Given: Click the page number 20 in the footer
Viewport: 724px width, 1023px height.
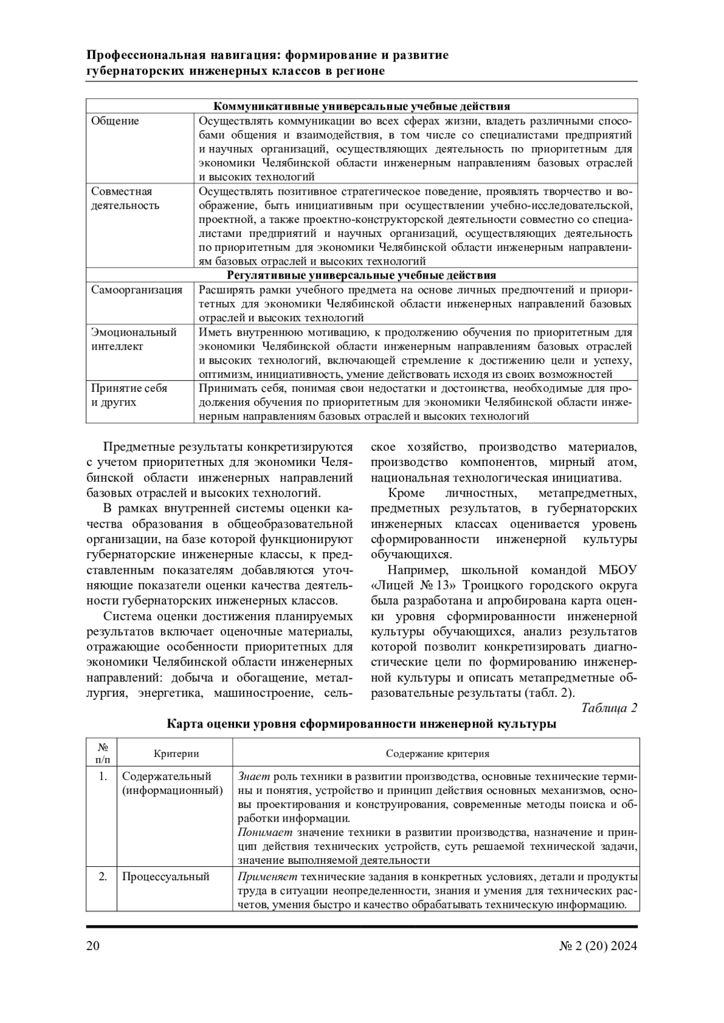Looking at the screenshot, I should click(x=93, y=946).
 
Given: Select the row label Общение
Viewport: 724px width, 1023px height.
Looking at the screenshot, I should click(x=115, y=121).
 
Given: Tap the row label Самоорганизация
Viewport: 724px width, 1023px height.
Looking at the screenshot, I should click(x=137, y=290).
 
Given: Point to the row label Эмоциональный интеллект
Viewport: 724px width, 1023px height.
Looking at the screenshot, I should click(x=133, y=339).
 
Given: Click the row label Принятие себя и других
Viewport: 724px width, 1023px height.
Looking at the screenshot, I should click(x=129, y=395).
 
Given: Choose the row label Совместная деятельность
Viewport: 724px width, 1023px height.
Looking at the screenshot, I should click(x=125, y=198).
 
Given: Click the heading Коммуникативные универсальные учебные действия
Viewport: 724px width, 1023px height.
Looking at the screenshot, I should click(x=362, y=106).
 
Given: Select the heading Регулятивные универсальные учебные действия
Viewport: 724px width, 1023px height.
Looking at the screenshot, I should click(x=361, y=275).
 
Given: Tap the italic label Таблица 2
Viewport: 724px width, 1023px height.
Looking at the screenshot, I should click(x=609, y=708).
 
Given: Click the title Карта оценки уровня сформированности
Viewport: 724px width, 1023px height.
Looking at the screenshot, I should click(x=361, y=724).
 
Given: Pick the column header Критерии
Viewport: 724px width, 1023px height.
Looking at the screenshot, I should click(x=176, y=754).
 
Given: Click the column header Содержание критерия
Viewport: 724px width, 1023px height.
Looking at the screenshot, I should click(x=437, y=754).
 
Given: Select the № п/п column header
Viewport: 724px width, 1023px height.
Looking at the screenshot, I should click(x=103, y=754).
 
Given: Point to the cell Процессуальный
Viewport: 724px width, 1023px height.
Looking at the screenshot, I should click(x=166, y=877).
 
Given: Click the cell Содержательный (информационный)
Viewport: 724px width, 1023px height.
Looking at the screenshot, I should click(x=172, y=783).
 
